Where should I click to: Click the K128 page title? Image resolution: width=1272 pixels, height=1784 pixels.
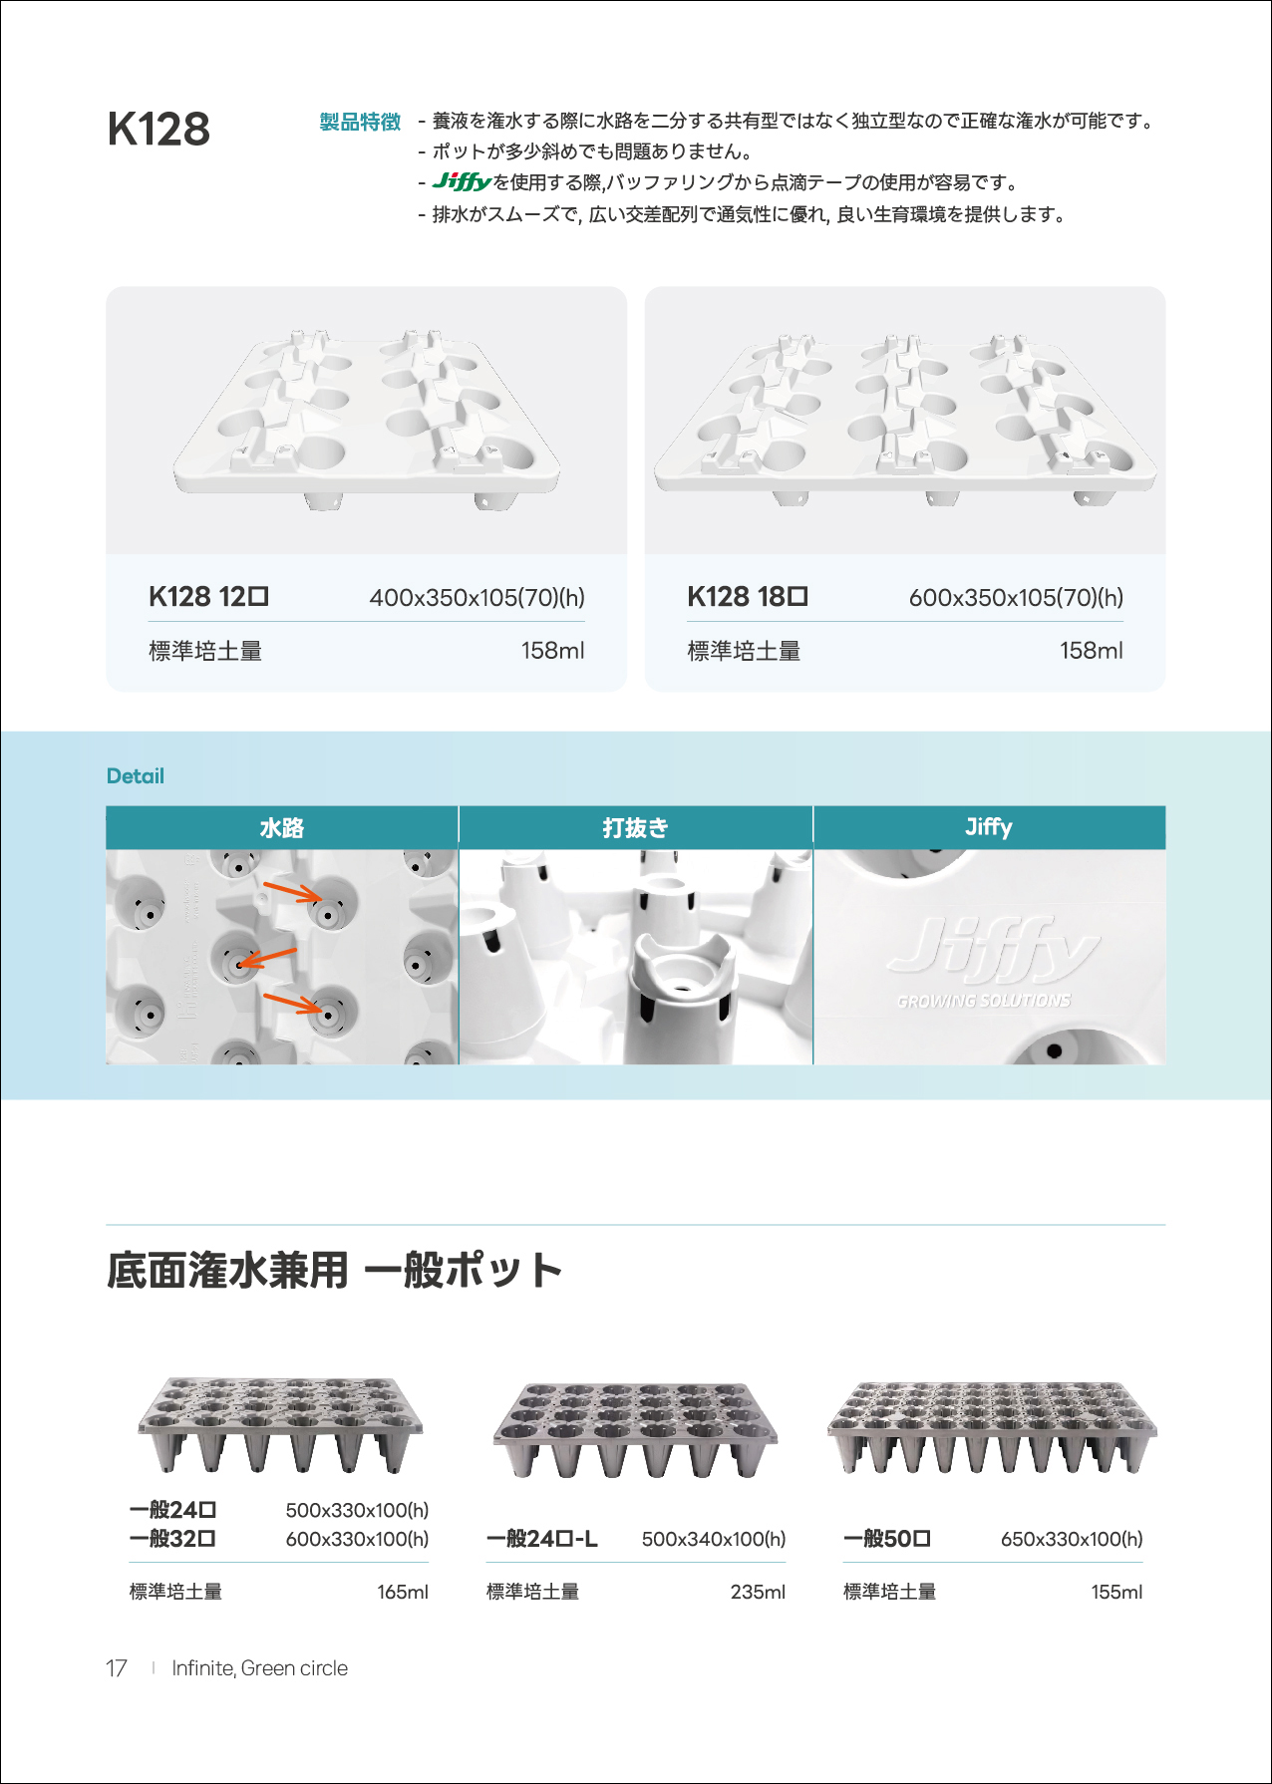(159, 130)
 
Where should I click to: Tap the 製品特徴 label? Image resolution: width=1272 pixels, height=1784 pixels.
(360, 122)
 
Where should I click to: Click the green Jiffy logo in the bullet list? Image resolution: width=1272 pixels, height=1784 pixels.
(462, 181)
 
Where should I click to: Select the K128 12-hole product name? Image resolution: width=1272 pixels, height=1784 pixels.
(208, 596)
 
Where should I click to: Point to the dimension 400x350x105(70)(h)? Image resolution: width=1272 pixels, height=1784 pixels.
(477, 597)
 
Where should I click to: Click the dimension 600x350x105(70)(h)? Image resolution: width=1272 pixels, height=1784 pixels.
(1016, 597)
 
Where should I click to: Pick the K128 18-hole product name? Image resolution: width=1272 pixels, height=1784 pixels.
(748, 596)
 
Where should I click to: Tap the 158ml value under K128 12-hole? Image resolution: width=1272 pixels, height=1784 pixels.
(552, 651)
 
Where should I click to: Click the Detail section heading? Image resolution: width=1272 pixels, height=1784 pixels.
(136, 776)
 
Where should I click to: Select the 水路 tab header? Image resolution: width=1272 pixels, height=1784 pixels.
(282, 828)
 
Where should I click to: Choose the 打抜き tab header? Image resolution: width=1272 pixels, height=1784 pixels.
(635, 828)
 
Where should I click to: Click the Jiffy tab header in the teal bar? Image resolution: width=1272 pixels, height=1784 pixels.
(989, 827)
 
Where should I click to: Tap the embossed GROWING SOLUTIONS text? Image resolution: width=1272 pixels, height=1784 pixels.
(984, 1001)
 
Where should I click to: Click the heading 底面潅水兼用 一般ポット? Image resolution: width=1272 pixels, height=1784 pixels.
(335, 1271)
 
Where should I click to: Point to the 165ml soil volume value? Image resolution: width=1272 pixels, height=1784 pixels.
(403, 1592)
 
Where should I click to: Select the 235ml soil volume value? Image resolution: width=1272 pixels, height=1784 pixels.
(758, 1592)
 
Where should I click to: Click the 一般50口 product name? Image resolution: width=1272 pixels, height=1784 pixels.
(887, 1539)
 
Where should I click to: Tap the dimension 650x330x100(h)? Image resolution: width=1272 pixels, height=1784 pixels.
(1072, 1539)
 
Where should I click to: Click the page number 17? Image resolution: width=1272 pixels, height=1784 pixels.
(117, 1668)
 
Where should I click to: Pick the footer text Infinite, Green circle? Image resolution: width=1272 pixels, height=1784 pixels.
(260, 1668)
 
